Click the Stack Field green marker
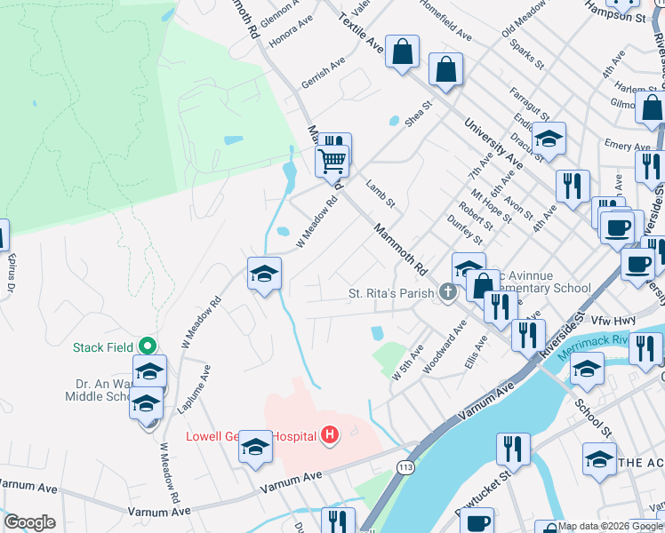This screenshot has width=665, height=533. pyautogui.click(x=148, y=346)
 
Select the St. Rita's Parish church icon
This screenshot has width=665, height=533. pyautogui.click(x=448, y=291)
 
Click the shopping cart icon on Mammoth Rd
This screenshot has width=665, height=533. pyautogui.click(x=332, y=161)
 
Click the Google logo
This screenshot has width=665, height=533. pyautogui.click(x=29, y=522)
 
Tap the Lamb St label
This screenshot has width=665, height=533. pyautogui.click(x=380, y=195)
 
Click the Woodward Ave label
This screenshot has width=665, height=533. pyautogui.click(x=445, y=347)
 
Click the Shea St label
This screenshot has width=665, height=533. pyautogui.click(x=418, y=114)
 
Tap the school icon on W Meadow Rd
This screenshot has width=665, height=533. pyautogui.click(x=264, y=274)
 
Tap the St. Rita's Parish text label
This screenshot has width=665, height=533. pyautogui.click(x=391, y=292)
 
